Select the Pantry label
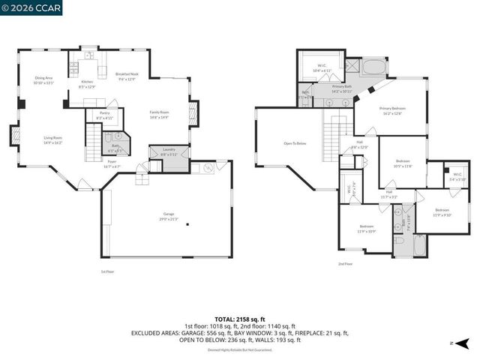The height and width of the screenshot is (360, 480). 104,115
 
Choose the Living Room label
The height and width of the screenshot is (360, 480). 52,139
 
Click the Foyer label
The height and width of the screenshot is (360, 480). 111,163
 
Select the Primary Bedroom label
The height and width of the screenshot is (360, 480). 391,110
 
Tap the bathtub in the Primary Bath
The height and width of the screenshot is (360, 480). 373,68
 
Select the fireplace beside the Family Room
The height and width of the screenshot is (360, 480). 193,114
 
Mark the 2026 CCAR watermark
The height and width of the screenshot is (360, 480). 31,7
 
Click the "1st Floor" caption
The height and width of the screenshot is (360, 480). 108,271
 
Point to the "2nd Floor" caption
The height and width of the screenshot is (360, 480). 344,264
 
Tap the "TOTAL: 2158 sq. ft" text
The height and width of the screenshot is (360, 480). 240,319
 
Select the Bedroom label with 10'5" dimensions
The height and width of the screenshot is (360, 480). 403,163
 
